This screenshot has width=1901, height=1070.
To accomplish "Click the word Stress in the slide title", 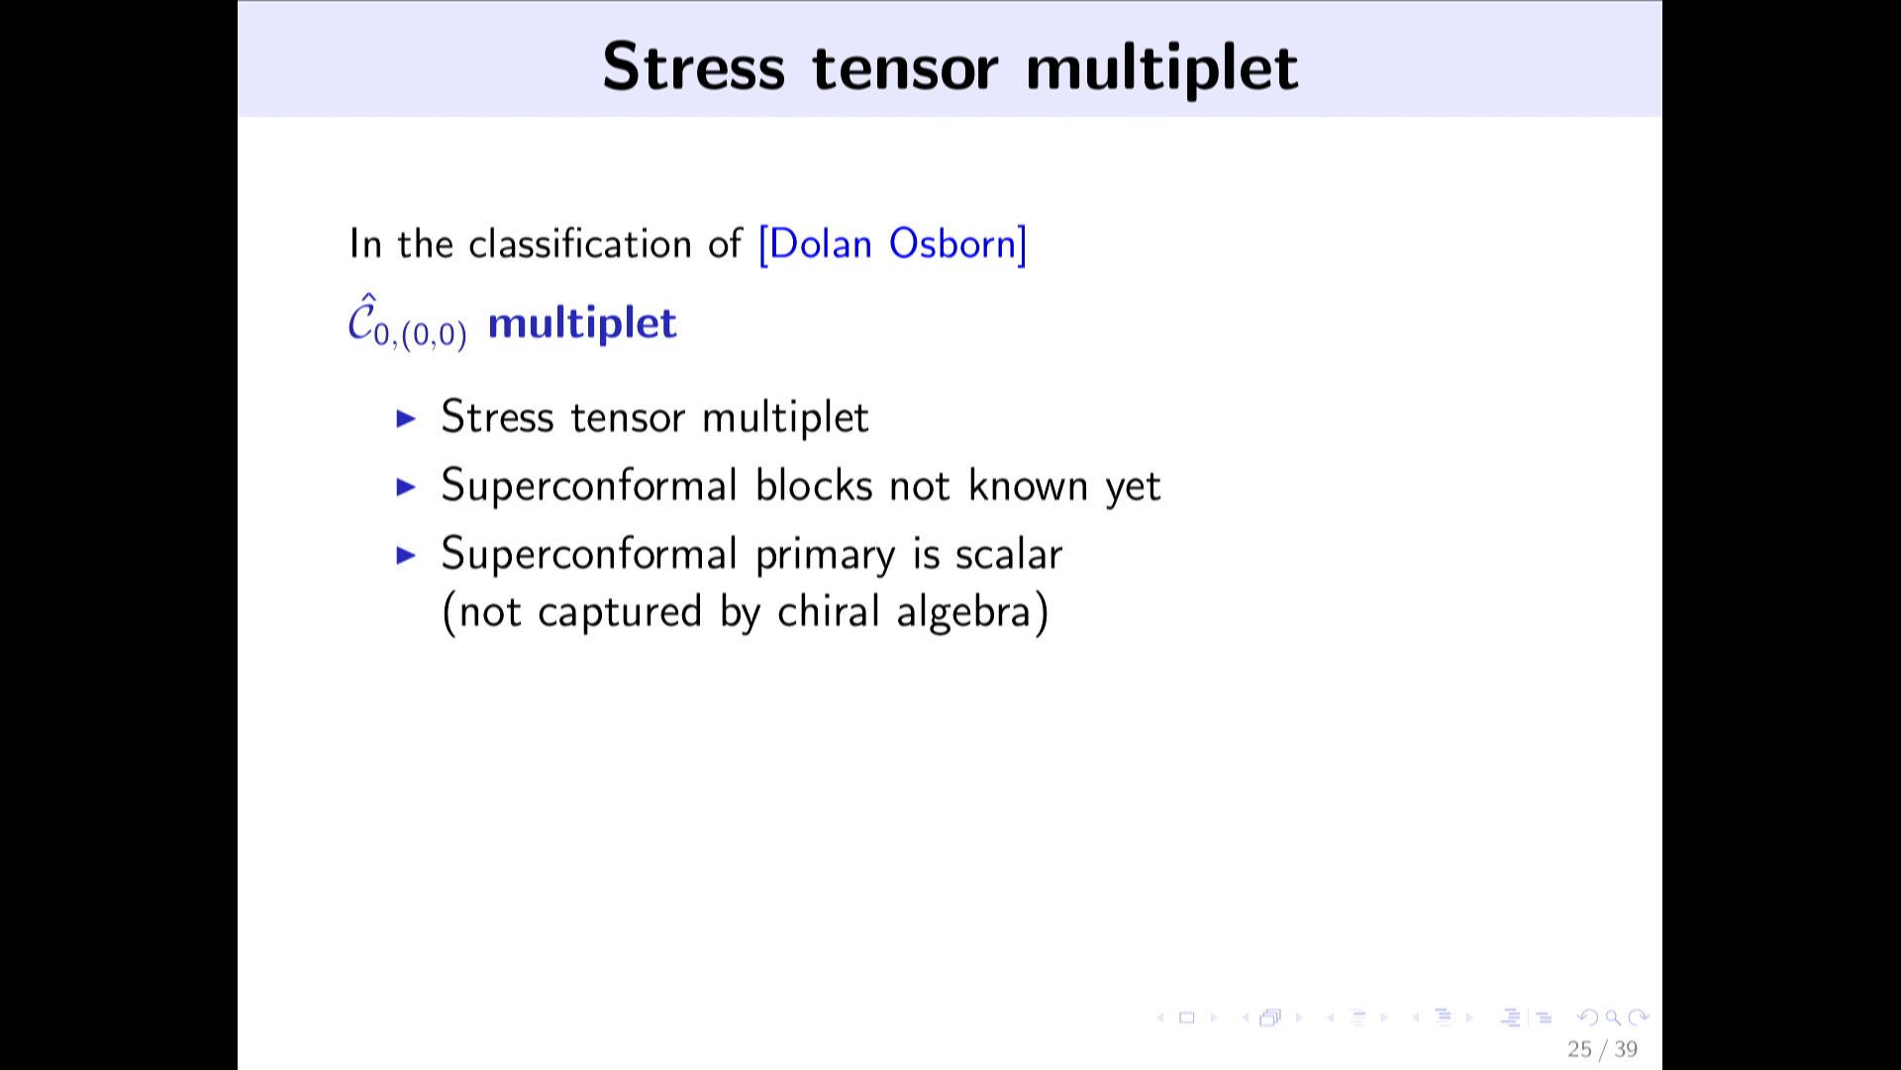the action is (x=693, y=67).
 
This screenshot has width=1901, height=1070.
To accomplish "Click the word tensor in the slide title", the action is (x=905, y=69).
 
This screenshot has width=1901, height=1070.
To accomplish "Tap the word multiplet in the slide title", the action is (x=1161, y=69).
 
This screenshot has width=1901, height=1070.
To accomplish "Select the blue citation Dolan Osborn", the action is (x=893, y=245).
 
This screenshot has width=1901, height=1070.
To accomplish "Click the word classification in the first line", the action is (x=580, y=244).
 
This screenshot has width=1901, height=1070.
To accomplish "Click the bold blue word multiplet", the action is (x=582, y=323).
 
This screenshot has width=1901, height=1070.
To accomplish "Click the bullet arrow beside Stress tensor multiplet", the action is (x=406, y=418).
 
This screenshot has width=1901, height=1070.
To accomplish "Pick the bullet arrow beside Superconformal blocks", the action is (x=406, y=486).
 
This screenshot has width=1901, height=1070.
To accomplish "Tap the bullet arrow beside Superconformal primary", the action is (x=406, y=555).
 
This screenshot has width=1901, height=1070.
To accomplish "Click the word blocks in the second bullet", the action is (x=814, y=485).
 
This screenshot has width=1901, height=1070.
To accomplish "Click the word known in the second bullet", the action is (x=1028, y=485).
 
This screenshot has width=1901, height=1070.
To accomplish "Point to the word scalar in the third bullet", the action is (x=1008, y=554).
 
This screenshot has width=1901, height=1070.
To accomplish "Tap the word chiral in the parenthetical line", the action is (x=828, y=611).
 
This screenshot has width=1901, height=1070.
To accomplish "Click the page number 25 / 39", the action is (x=1602, y=1049).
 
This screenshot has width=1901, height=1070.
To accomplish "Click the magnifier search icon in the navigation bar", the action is (x=1613, y=1017).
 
